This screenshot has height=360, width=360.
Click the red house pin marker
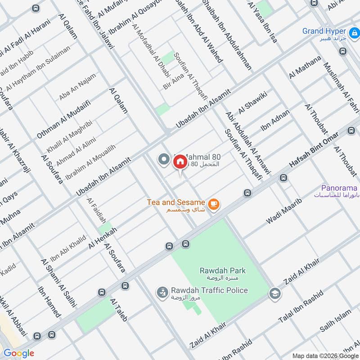pyautogui.click(x=180, y=162)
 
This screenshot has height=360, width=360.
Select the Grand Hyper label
pyautogui.click(x=324, y=31)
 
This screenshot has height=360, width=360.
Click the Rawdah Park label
pyautogui.click(x=223, y=270)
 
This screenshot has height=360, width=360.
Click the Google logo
pyautogui.click(x=19, y=353)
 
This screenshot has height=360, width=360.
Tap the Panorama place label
pyautogui.click(x=339, y=188)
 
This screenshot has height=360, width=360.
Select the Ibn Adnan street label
pyautogui.click(x=275, y=121)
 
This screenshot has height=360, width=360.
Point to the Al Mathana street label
pyautogui.click(x=306, y=67)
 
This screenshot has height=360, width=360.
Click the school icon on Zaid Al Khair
pyautogui.click(x=273, y=293)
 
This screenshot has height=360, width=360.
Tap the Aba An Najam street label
pyautogui.click(x=77, y=87)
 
